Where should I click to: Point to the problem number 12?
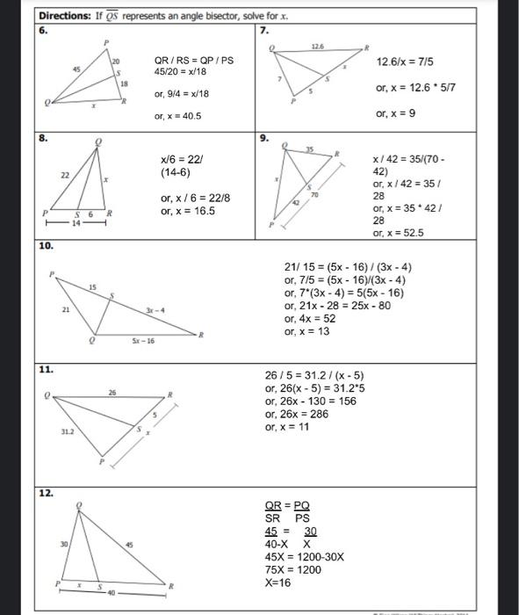(46, 493)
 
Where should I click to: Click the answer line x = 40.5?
(178, 115)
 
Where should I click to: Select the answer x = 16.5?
(182, 211)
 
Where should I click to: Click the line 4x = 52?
(310, 318)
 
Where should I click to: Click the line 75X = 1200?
(292, 569)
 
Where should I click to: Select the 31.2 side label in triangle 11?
(68, 430)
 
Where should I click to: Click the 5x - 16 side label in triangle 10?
(143, 338)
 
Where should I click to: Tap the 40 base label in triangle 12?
(112, 593)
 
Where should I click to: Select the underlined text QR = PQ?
(287, 507)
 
